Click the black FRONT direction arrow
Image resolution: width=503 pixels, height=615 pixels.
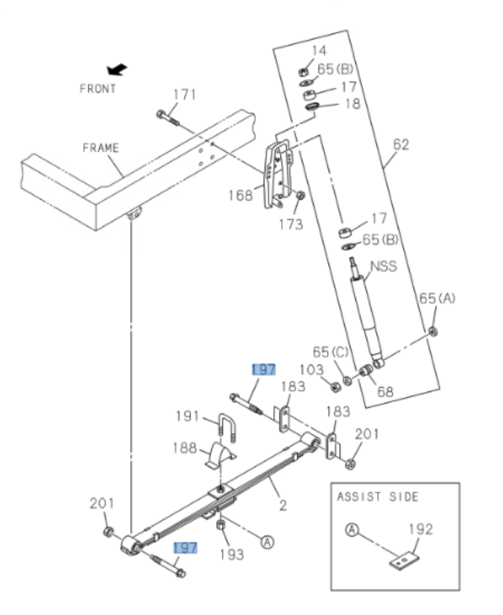pyautogui.click(x=116, y=70)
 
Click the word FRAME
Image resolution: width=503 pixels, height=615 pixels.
pyautogui.click(x=101, y=148)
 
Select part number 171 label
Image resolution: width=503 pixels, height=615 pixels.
pyautogui.click(x=184, y=95)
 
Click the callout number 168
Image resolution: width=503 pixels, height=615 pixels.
pyautogui.click(x=241, y=195)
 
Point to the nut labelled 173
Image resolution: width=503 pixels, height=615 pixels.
pyautogui.click(x=300, y=196)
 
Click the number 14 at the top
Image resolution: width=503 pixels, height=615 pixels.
pyautogui.click(x=319, y=51)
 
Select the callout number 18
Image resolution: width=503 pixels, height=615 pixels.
pyautogui.click(x=352, y=104)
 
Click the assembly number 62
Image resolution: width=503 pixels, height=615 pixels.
pyautogui.click(x=401, y=144)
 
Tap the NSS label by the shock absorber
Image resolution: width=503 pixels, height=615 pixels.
pyautogui.click(x=384, y=265)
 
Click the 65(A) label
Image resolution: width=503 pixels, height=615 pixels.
pyautogui.click(x=437, y=298)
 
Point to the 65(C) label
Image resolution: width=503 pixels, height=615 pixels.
pyautogui.click(x=330, y=351)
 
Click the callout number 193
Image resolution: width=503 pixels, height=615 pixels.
pyautogui.click(x=230, y=555)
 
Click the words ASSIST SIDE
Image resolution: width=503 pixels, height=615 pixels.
pyautogui.click(x=378, y=496)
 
